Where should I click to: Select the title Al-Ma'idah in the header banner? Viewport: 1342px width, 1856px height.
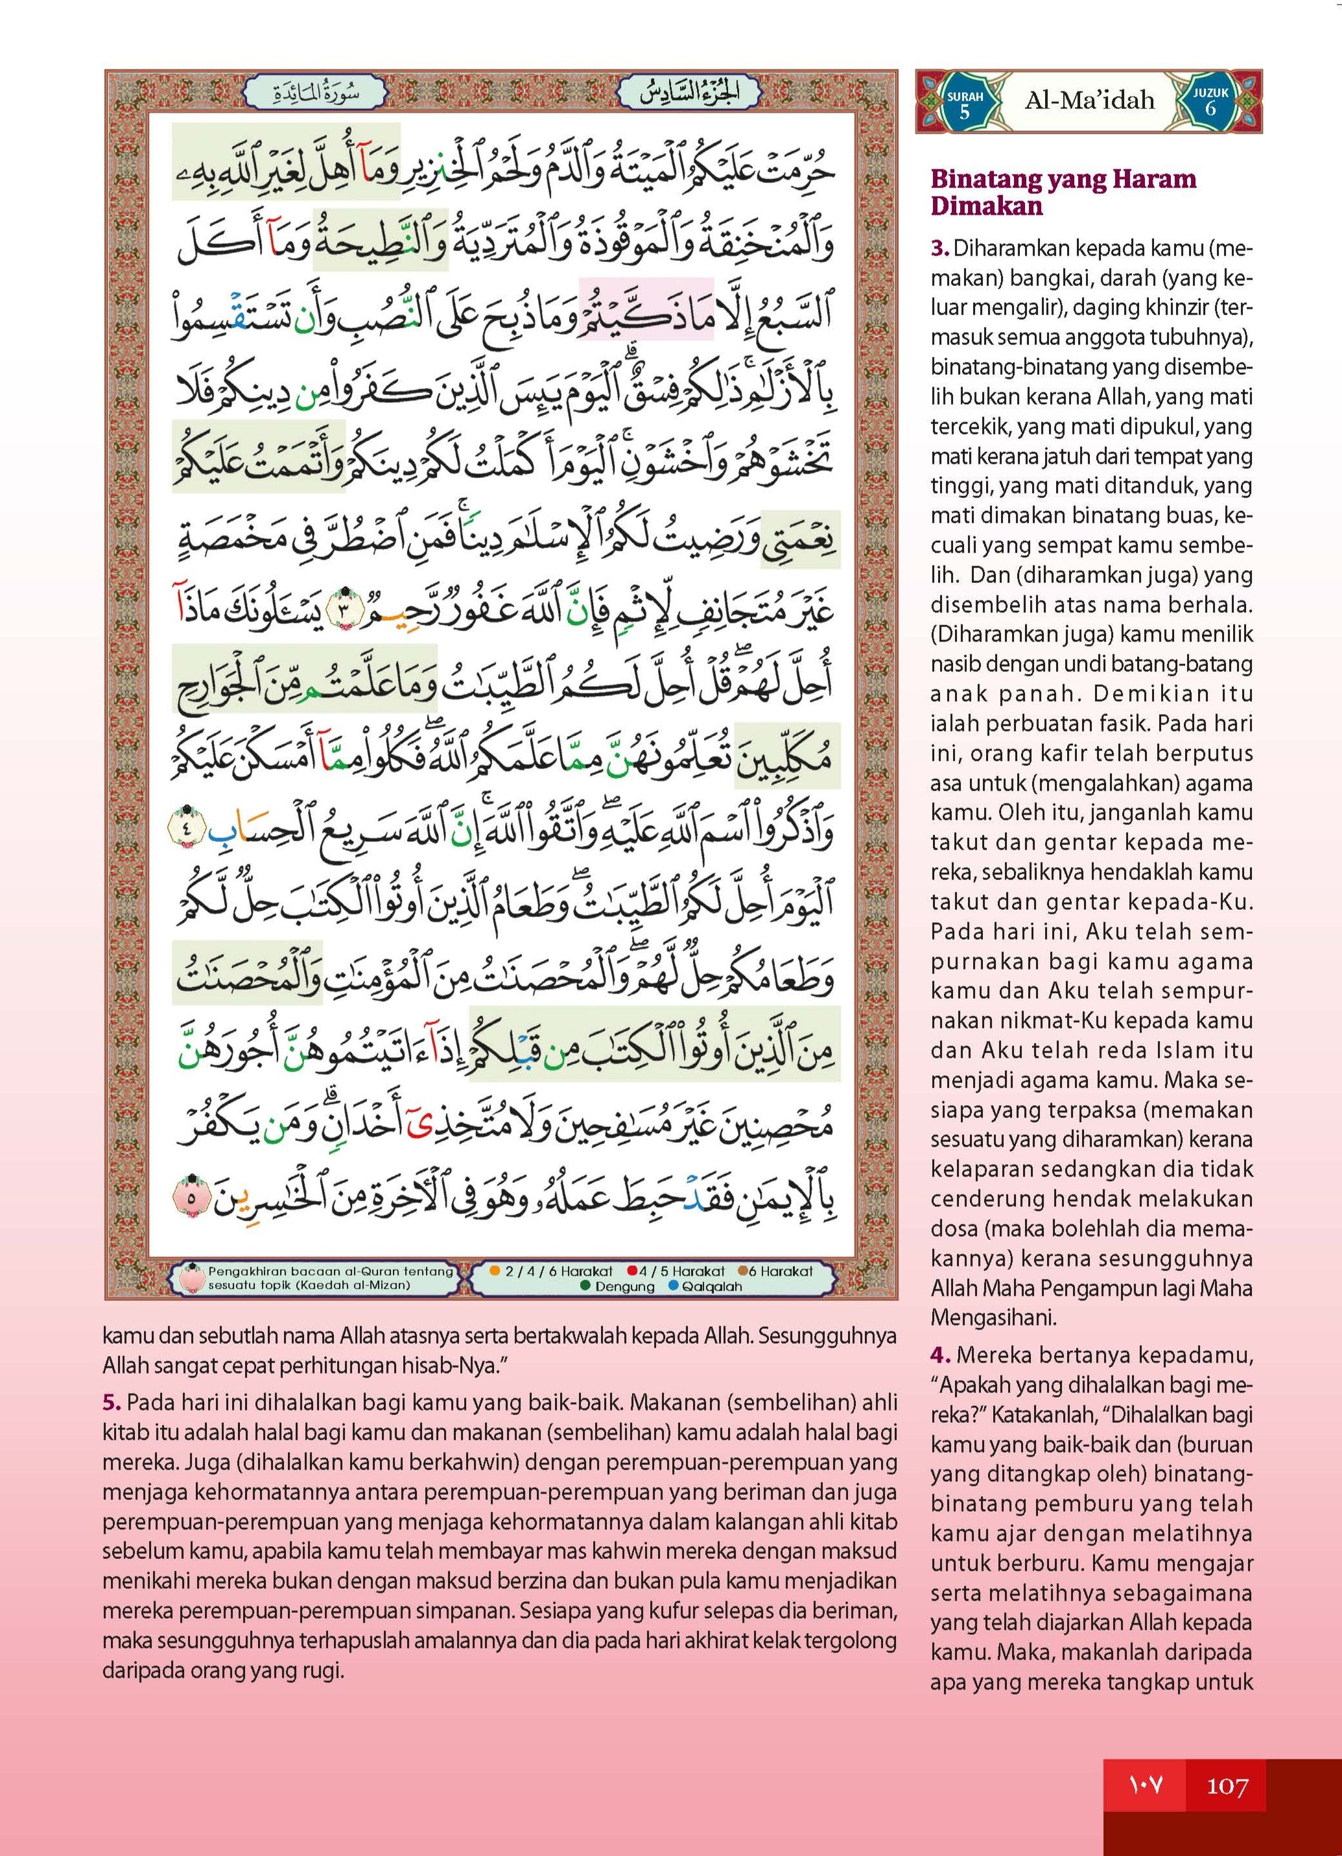[1089, 101]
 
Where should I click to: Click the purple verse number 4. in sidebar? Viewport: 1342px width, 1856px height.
[939, 1355]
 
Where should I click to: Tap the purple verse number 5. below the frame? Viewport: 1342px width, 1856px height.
[112, 1402]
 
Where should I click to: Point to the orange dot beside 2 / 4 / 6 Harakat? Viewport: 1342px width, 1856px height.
[494, 1271]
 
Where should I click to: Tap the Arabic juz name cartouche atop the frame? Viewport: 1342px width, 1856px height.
[690, 94]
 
